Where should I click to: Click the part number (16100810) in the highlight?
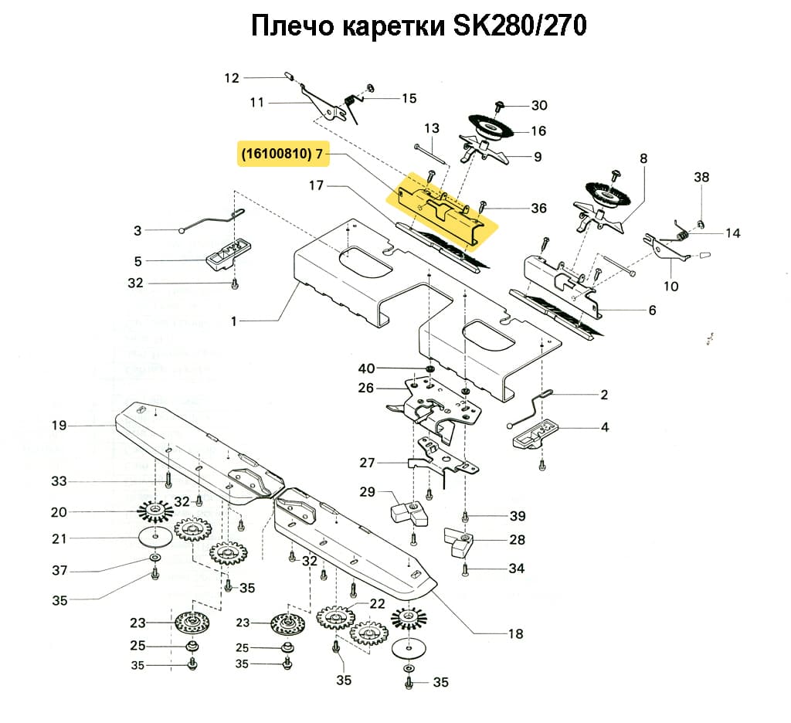click(x=277, y=154)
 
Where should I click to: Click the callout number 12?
click(x=233, y=77)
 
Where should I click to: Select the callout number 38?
click(x=701, y=177)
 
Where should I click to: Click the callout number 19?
click(x=59, y=425)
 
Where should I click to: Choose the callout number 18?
click(x=515, y=634)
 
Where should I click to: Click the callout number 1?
click(x=234, y=320)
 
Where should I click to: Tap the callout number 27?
click(x=367, y=463)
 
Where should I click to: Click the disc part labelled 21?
click(x=156, y=536)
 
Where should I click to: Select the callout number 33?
click(x=59, y=481)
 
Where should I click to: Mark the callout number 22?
click(x=377, y=603)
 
